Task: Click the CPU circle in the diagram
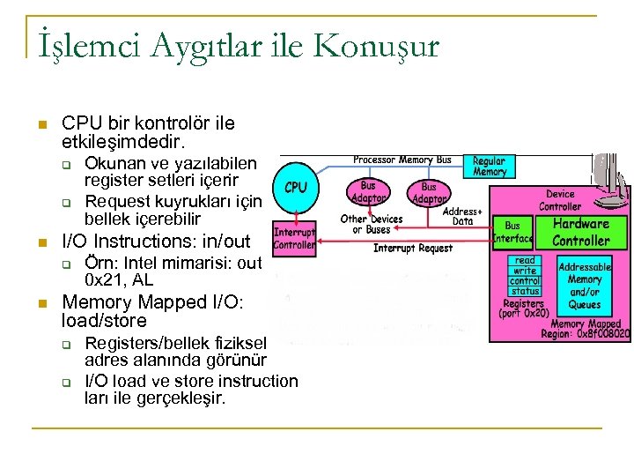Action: pyautogui.click(x=296, y=188)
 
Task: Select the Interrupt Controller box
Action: pyautogui.click(x=294, y=239)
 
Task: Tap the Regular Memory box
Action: pyautogui.click(x=489, y=167)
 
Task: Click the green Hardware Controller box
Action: pyautogui.click(x=580, y=232)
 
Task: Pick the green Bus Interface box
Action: pyautogui.click(x=512, y=232)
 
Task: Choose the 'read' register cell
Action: pyautogui.click(x=525, y=260)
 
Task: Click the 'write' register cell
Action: pyautogui.click(x=525, y=271)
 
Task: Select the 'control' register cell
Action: pyautogui.click(x=525, y=281)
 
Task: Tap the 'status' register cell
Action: pyautogui.click(x=525, y=291)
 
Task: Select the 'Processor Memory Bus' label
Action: pyautogui.click(x=402, y=160)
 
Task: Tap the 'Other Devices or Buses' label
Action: pyautogui.click(x=371, y=224)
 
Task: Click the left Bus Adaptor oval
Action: pyautogui.click(x=368, y=191)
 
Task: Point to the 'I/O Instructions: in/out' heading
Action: pyautogui.click(x=156, y=241)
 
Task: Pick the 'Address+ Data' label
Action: pyautogui.click(x=462, y=216)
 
